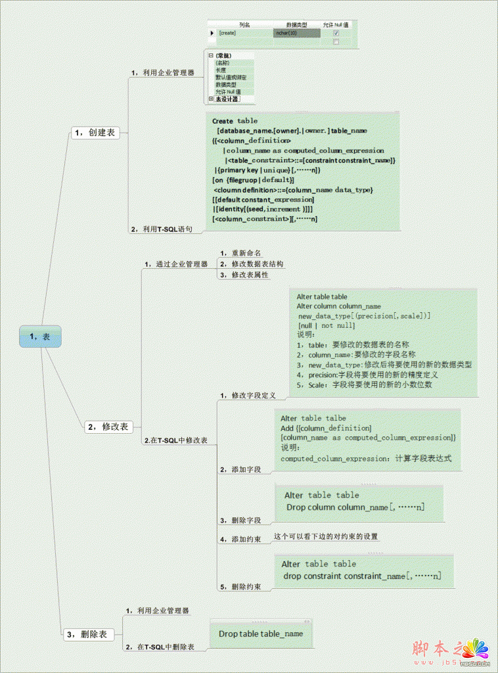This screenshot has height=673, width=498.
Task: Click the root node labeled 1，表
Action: tap(40, 336)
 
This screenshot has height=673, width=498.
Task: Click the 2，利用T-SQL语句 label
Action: tap(162, 229)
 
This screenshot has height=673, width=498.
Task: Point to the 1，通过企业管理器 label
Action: tap(175, 264)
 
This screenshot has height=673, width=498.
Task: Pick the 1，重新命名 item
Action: tap(241, 253)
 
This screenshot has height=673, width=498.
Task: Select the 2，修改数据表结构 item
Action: tap(252, 264)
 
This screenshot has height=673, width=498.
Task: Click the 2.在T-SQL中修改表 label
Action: tap(175, 440)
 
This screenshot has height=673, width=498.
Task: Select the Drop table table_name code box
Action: tap(261, 634)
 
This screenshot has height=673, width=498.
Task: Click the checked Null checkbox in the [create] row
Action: tap(336, 33)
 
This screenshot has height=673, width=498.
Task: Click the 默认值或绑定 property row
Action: tap(231, 78)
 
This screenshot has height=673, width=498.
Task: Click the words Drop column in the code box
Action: tap(311, 507)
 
